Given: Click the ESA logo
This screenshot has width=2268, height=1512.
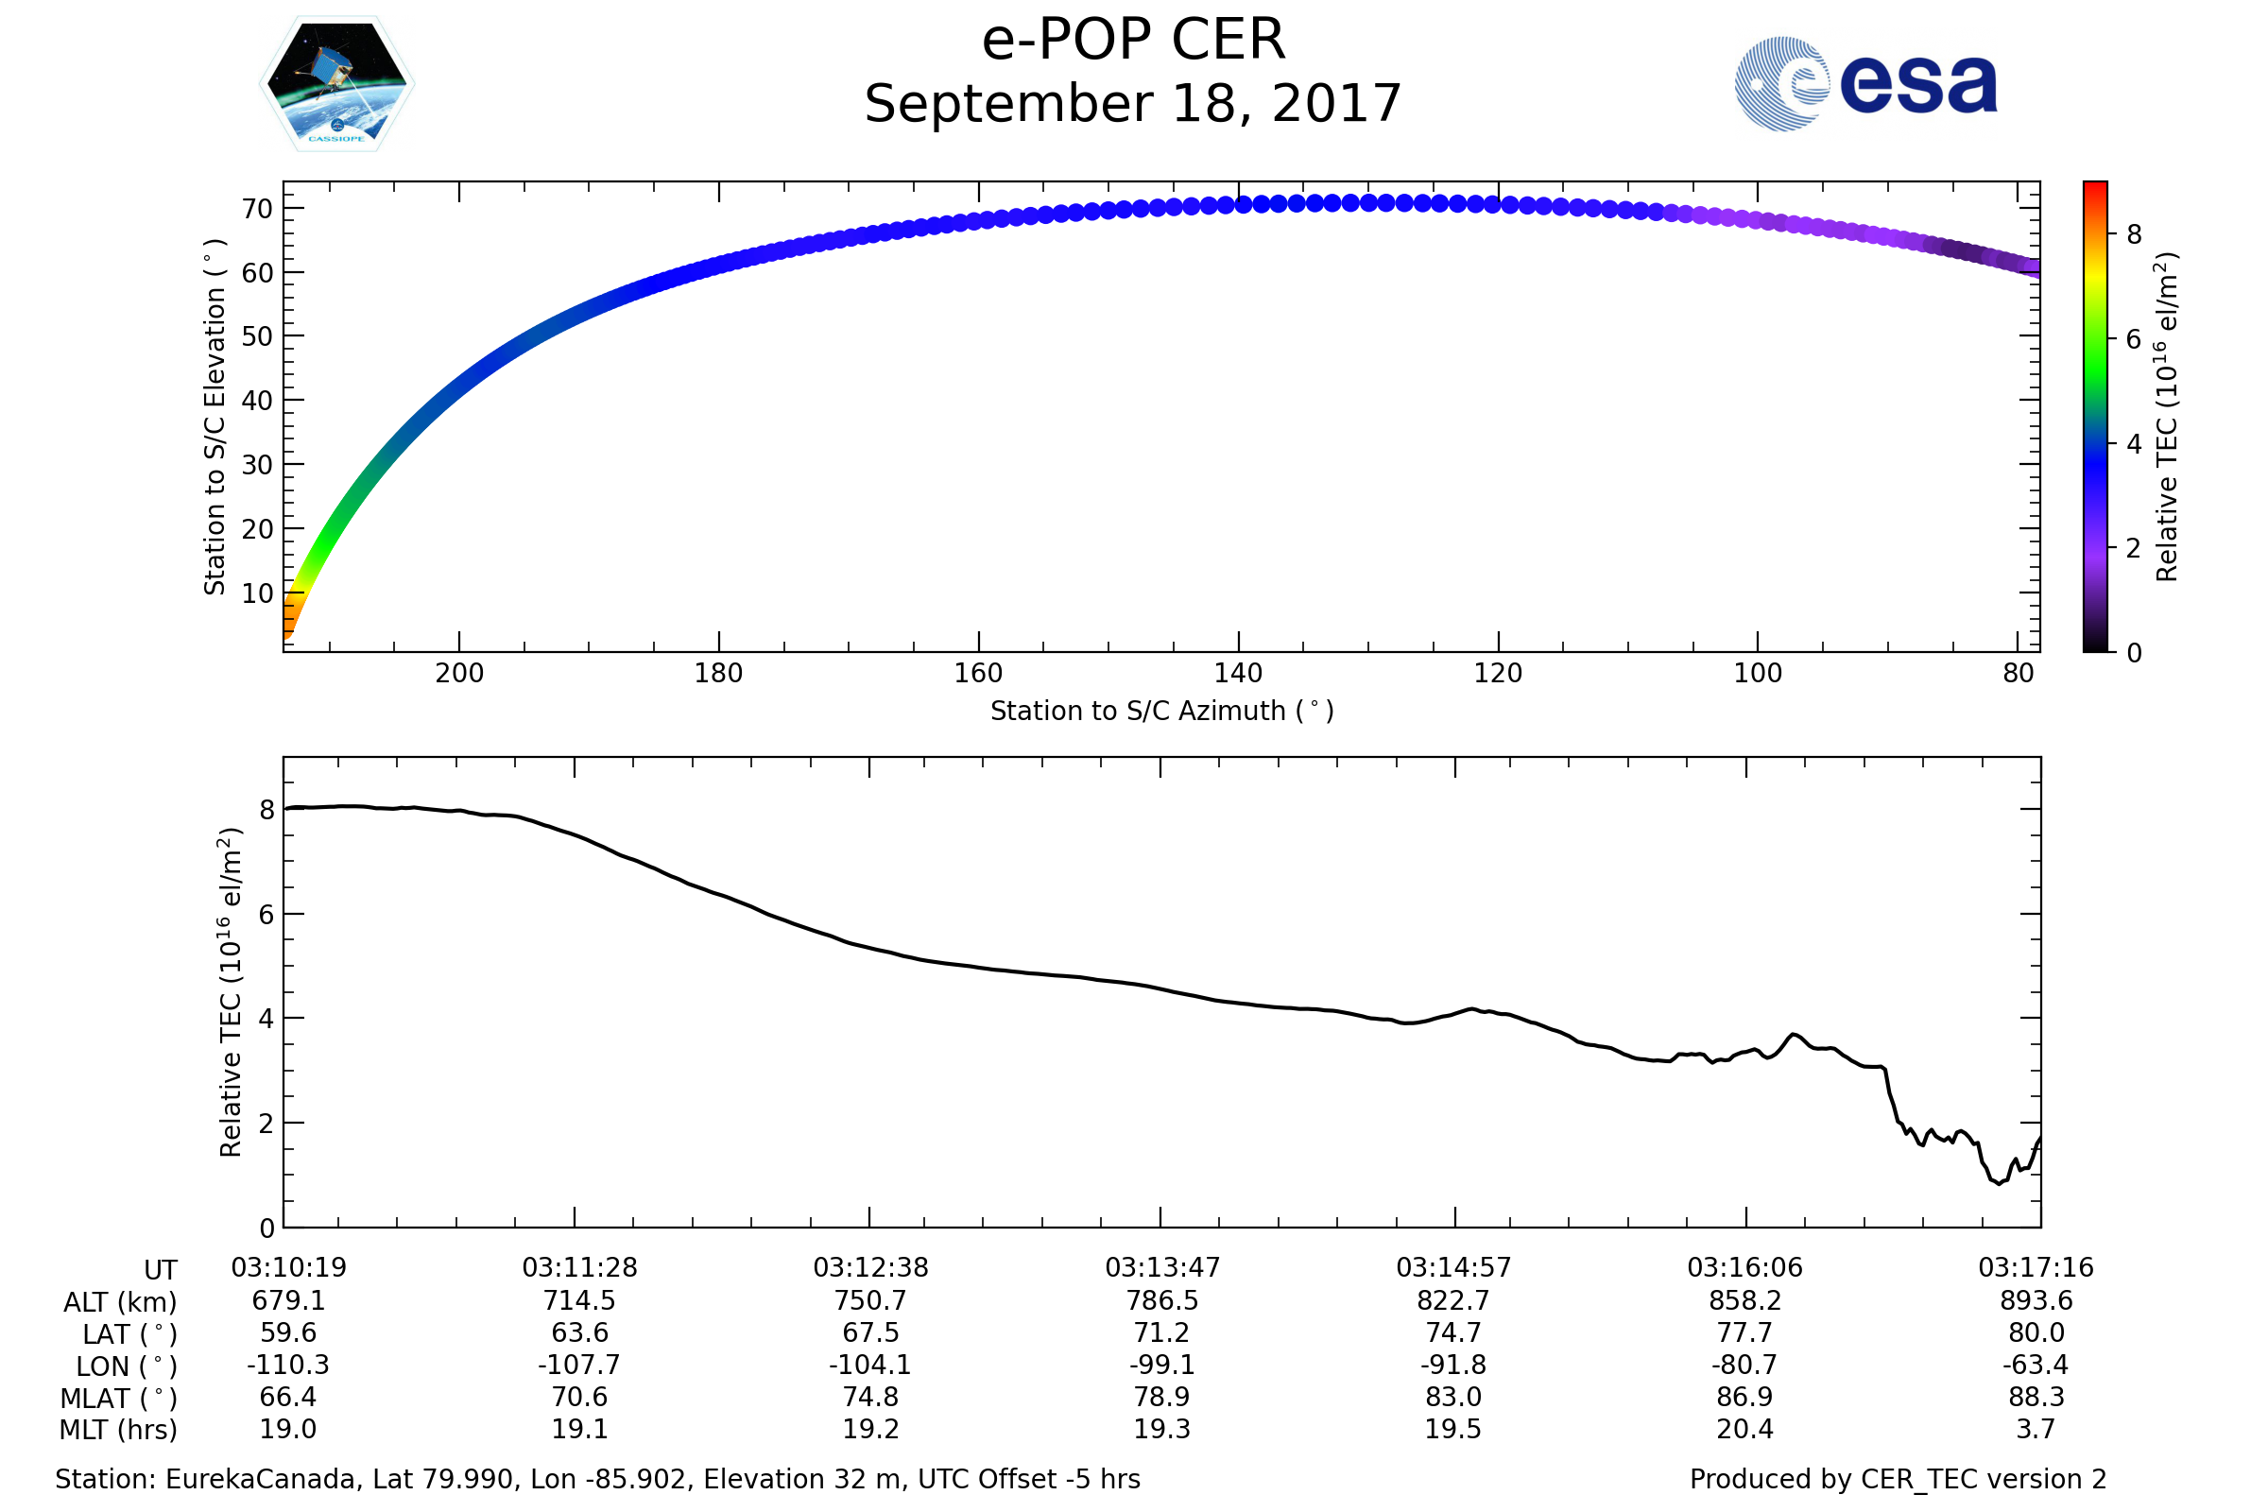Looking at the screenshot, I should [1864, 83].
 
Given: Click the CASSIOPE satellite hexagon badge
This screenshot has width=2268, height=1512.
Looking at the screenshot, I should [336, 84].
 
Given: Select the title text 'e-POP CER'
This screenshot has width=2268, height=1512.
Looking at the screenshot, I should [1133, 41].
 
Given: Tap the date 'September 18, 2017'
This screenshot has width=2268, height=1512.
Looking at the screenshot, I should [1133, 104].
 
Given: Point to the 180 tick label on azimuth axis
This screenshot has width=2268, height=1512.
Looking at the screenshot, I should [718, 673].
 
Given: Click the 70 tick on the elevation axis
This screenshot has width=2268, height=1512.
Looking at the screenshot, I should [257, 208].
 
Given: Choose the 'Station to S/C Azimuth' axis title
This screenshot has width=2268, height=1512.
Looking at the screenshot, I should [1162, 712].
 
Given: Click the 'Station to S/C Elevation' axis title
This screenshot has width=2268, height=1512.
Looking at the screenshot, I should [215, 417].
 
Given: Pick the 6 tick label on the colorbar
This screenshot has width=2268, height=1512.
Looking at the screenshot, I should [2134, 339].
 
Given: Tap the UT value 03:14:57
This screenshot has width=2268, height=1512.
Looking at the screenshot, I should [1453, 1267].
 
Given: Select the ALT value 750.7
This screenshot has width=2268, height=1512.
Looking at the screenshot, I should [870, 1300].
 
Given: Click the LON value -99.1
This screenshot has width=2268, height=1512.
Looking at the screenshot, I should [1162, 1365].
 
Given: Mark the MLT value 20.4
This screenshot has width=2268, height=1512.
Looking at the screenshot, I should [1744, 1429].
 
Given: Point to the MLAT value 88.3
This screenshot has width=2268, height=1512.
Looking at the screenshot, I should [2036, 1397].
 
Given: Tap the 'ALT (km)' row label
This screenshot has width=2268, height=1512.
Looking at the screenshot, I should [120, 1302].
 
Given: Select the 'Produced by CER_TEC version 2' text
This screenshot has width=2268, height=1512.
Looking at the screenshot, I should [1898, 1479].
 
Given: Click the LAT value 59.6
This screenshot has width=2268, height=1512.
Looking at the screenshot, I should [288, 1332].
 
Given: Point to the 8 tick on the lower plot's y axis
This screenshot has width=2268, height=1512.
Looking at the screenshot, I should [267, 810].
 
